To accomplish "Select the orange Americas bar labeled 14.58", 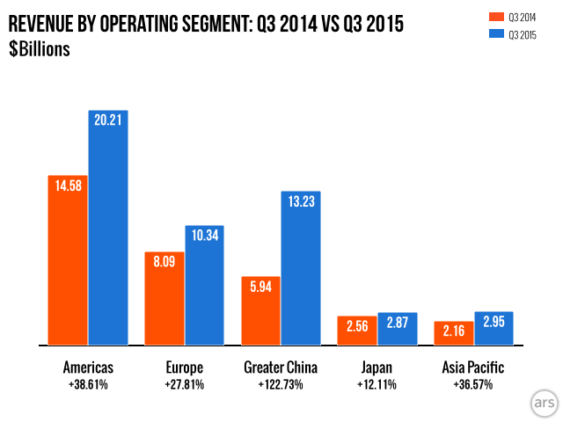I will (68, 260).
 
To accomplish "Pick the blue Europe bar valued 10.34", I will (204, 286).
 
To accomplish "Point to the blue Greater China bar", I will (301, 268).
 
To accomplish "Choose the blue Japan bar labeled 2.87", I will (398, 329).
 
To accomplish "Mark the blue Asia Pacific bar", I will (494, 328).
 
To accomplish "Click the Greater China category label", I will (281, 367).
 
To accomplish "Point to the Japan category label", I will (377, 367).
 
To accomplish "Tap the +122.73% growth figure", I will (281, 384).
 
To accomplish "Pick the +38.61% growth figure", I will (88, 384).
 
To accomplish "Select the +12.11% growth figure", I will (377, 384).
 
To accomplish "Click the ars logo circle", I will (542, 402).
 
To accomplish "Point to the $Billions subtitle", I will (40, 48).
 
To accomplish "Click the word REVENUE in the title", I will (43, 25).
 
